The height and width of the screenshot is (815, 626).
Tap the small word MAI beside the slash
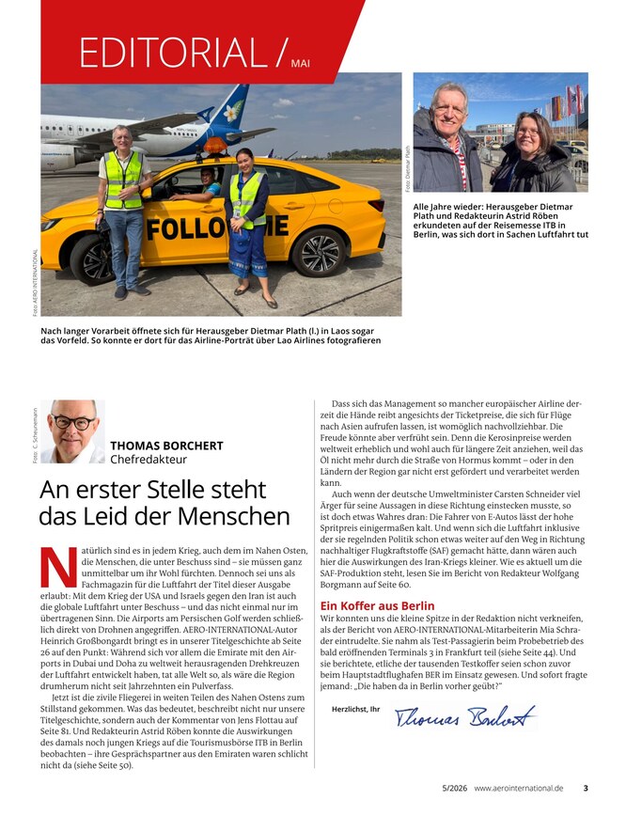(x=300, y=63)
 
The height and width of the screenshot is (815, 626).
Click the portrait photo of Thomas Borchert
(x=72, y=431)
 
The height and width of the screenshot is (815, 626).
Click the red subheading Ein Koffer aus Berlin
(x=377, y=605)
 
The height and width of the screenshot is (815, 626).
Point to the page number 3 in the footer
(x=586, y=788)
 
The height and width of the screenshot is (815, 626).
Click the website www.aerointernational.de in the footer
(x=519, y=788)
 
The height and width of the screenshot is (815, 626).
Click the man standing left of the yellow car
(x=123, y=212)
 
